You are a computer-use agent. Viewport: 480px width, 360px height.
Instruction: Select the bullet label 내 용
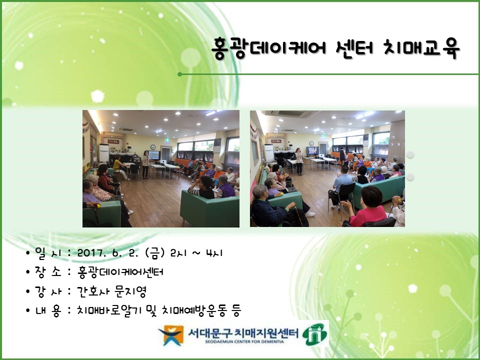tap(48, 310)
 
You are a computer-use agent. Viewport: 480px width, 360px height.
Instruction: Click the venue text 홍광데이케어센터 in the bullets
tap(120, 272)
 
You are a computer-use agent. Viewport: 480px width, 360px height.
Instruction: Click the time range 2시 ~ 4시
tap(196, 253)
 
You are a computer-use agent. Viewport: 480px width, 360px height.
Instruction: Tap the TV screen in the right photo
tap(312, 150)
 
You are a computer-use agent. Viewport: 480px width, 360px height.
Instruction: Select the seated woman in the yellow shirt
tap(117, 167)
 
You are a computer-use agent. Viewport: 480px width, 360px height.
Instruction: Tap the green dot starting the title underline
tap(179, 74)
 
